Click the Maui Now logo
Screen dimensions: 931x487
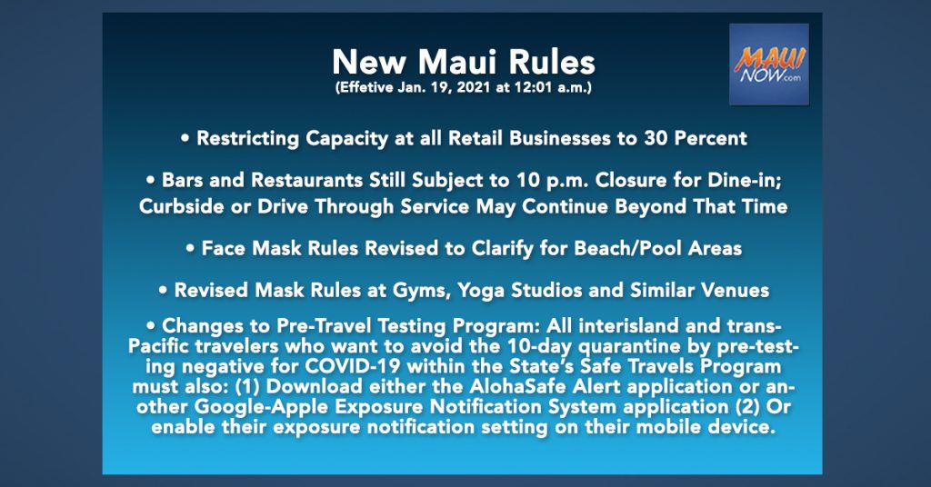pos(769,65)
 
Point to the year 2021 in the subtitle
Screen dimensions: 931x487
pos(472,88)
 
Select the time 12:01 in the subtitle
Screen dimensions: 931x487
pos(532,88)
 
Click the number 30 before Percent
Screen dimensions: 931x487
pos(656,138)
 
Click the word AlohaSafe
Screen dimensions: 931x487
pos(516,386)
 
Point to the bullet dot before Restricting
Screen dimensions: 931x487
pos(185,139)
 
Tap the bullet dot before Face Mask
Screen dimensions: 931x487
pos(190,249)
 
